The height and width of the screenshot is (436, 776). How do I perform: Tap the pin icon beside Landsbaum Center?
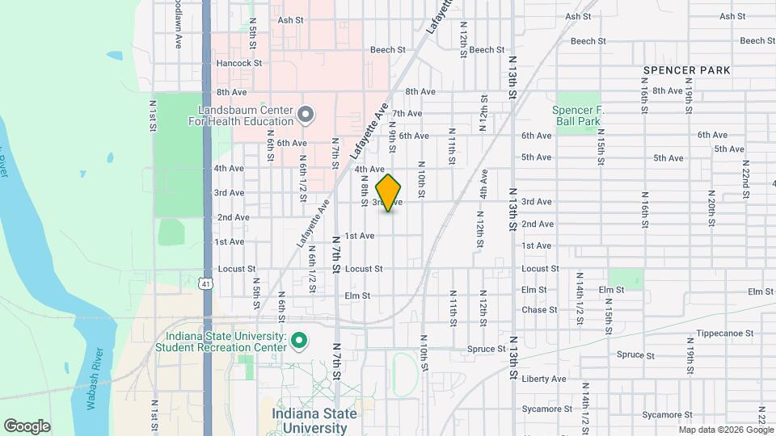click(305, 115)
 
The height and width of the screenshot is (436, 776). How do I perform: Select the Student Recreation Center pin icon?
click(298, 342)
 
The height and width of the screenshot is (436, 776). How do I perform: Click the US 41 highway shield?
click(208, 283)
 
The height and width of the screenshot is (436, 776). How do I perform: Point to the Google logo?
click(27, 426)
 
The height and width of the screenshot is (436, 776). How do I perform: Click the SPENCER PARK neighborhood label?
click(686, 70)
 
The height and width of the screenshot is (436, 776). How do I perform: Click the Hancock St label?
click(240, 62)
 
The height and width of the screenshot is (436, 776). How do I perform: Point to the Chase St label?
click(534, 310)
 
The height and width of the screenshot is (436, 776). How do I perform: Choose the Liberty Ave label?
click(544, 379)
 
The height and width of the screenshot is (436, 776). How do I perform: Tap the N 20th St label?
click(712, 208)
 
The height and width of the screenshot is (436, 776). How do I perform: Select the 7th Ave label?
click(407, 114)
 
